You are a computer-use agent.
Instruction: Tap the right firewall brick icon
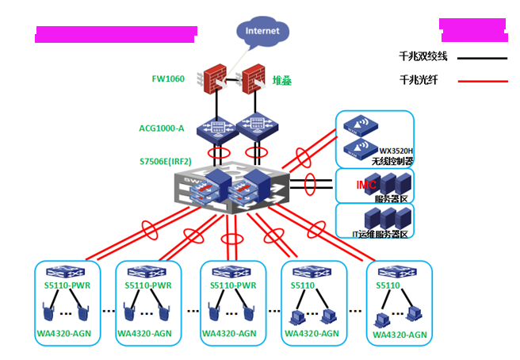pos(253,79)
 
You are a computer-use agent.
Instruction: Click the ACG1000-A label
pos(162,127)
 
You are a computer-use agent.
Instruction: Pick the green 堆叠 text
pos(283,80)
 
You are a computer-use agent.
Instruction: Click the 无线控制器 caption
pos(396,161)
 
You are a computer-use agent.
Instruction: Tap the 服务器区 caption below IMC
pos(392,196)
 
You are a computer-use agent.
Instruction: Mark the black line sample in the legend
pos(483,58)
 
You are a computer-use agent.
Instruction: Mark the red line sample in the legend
pos(483,81)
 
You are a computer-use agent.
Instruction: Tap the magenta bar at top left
pos(116,33)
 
